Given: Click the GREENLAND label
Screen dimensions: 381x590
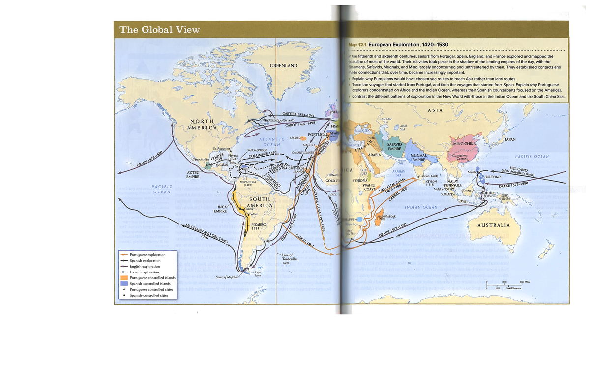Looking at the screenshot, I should tap(284, 65).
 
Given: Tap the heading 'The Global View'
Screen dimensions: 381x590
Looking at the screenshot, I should tap(160, 30).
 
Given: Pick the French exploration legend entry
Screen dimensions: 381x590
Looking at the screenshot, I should tap(144, 272).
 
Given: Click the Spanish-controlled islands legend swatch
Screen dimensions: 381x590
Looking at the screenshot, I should tap(124, 283).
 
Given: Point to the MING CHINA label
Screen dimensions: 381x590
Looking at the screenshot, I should tap(464, 143).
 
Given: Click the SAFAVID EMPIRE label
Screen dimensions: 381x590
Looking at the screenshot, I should tap(395, 146).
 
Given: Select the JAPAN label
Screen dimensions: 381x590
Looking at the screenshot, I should tap(510, 140).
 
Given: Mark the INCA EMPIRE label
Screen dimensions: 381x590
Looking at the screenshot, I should tap(220, 209).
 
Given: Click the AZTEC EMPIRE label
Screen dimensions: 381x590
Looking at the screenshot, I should tap(196, 174).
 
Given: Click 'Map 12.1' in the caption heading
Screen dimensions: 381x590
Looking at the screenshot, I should tap(357, 45).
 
